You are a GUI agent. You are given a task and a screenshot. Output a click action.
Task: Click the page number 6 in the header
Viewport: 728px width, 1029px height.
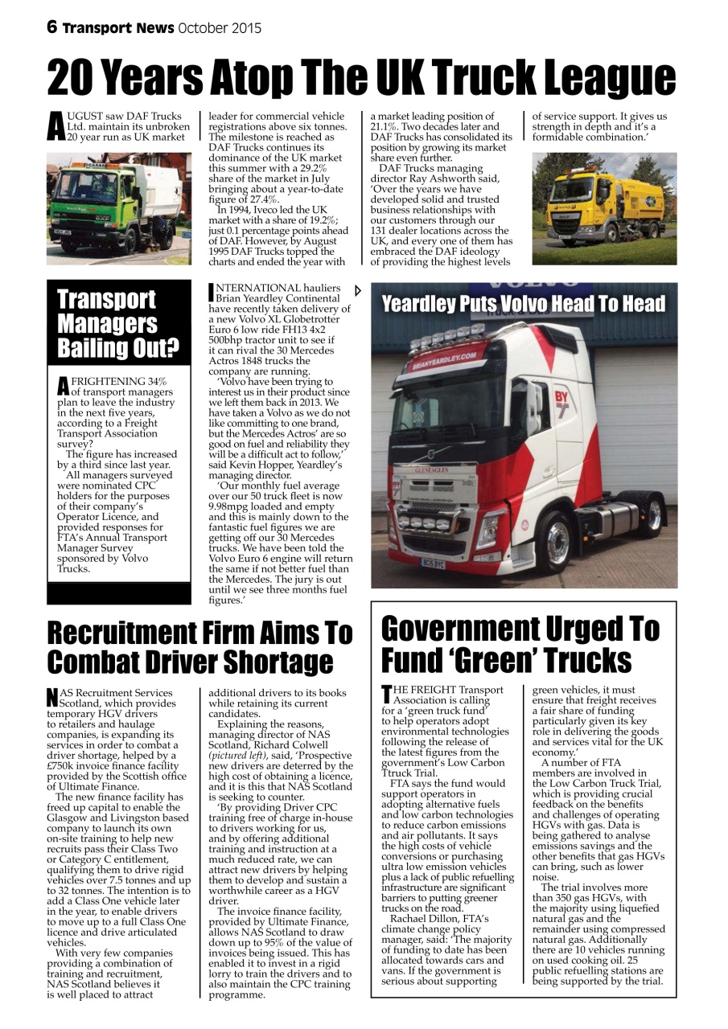tap(52, 28)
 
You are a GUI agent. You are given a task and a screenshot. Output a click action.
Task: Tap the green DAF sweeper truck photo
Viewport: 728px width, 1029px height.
tap(119, 208)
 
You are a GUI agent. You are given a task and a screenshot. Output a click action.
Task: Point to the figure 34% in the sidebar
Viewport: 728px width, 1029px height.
tap(151, 381)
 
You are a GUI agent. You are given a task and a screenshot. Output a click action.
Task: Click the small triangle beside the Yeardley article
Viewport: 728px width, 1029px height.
tap(358, 291)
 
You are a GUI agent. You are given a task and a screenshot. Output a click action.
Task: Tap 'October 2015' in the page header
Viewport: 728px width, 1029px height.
tap(219, 28)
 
